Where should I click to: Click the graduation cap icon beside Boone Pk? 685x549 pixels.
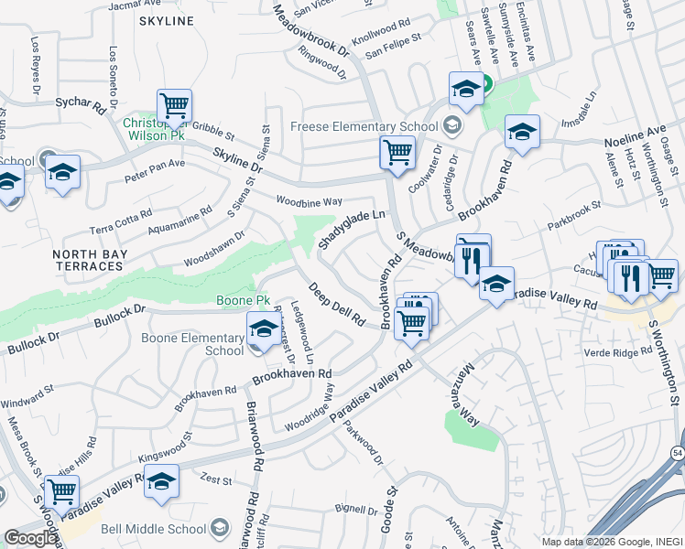263,328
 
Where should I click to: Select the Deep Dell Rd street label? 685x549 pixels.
336,305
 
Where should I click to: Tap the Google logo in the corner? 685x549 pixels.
29,538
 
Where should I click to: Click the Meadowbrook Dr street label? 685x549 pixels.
311,32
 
